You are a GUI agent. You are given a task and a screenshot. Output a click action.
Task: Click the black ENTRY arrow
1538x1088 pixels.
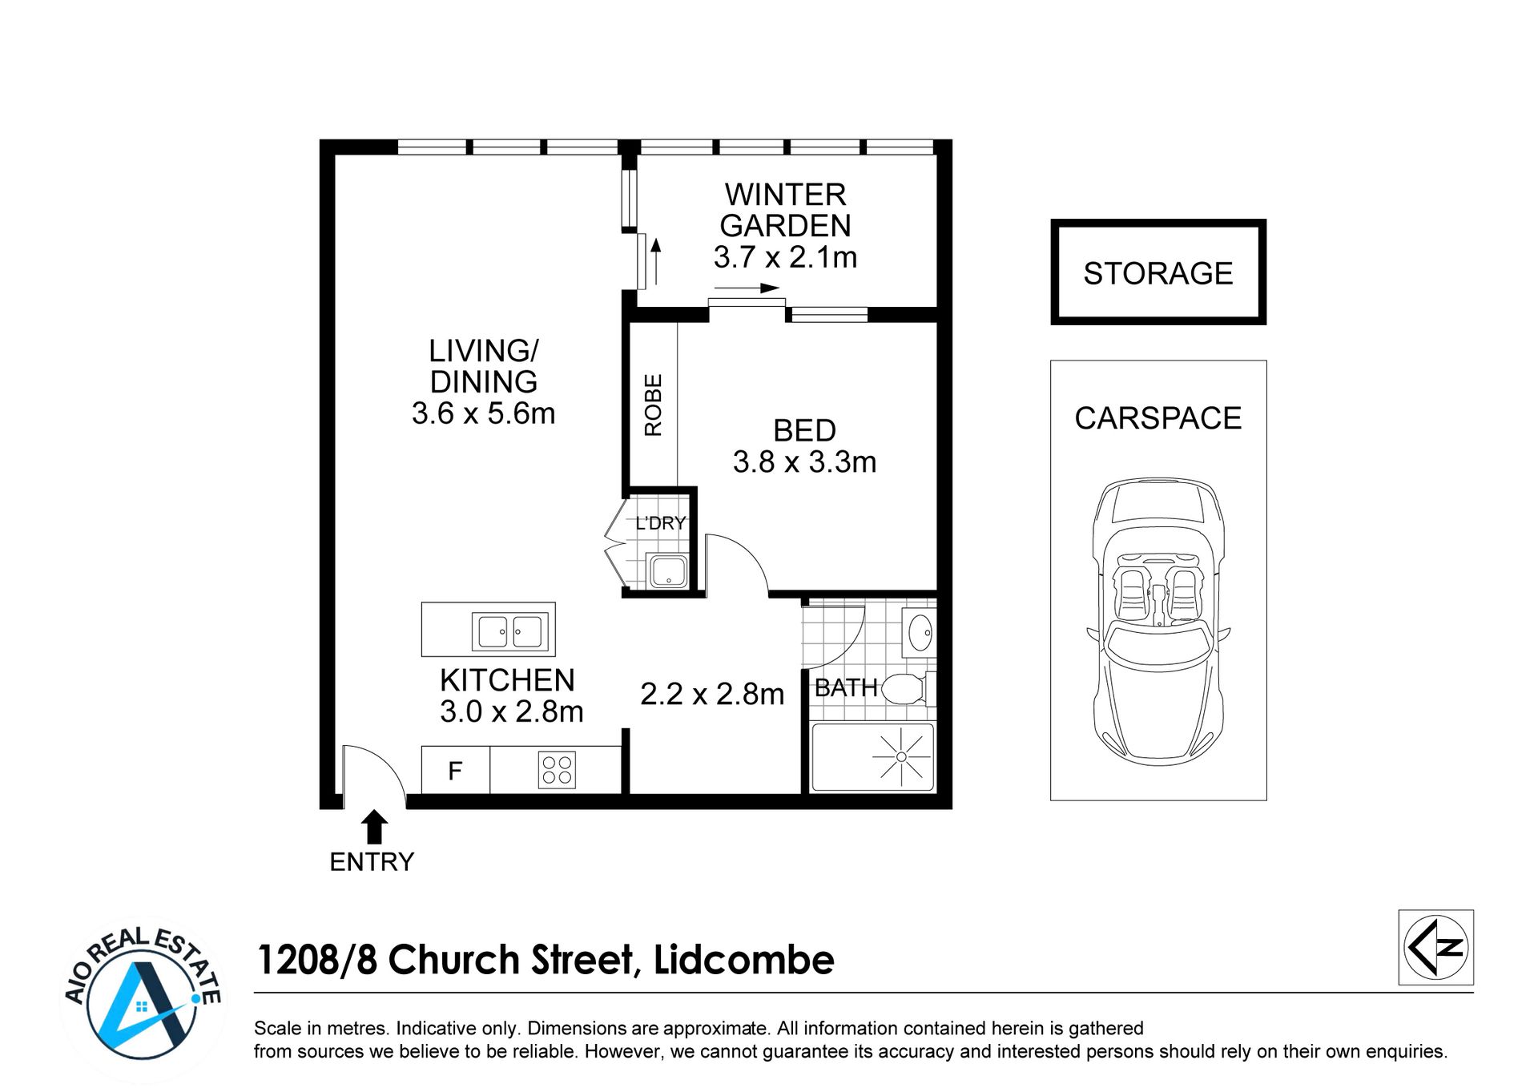(374, 827)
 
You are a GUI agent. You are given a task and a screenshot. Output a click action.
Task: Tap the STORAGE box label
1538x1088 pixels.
(1158, 273)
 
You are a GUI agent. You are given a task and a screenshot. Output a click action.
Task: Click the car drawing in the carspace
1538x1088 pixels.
(1158, 622)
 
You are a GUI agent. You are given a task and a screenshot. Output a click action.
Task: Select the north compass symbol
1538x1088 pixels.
(1436, 947)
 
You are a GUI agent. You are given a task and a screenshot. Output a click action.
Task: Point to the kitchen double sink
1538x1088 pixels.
(510, 631)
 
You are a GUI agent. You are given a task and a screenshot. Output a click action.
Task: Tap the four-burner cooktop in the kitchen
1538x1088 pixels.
(557, 770)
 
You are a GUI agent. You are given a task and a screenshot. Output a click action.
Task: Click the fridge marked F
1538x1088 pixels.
(456, 770)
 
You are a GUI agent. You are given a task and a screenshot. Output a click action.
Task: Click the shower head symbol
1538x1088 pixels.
(901, 756)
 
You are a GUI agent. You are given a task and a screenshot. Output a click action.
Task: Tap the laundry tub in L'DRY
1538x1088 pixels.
(667, 571)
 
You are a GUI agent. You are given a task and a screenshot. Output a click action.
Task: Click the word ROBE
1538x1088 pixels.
(653, 405)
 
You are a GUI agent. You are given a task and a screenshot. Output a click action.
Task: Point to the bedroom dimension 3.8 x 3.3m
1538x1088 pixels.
(804, 461)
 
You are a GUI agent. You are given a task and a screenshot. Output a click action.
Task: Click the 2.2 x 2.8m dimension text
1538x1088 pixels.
(712, 694)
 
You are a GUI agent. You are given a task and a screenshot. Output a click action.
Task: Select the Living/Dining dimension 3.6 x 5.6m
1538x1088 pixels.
(483, 413)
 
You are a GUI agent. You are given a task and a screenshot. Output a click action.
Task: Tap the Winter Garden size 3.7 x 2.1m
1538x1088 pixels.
(785, 257)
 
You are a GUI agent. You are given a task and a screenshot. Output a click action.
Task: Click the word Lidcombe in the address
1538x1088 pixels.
(744, 960)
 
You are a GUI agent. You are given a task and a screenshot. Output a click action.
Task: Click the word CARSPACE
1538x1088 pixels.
(1158, 418)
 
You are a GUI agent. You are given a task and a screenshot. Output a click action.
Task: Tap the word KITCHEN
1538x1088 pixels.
(507, 680)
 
